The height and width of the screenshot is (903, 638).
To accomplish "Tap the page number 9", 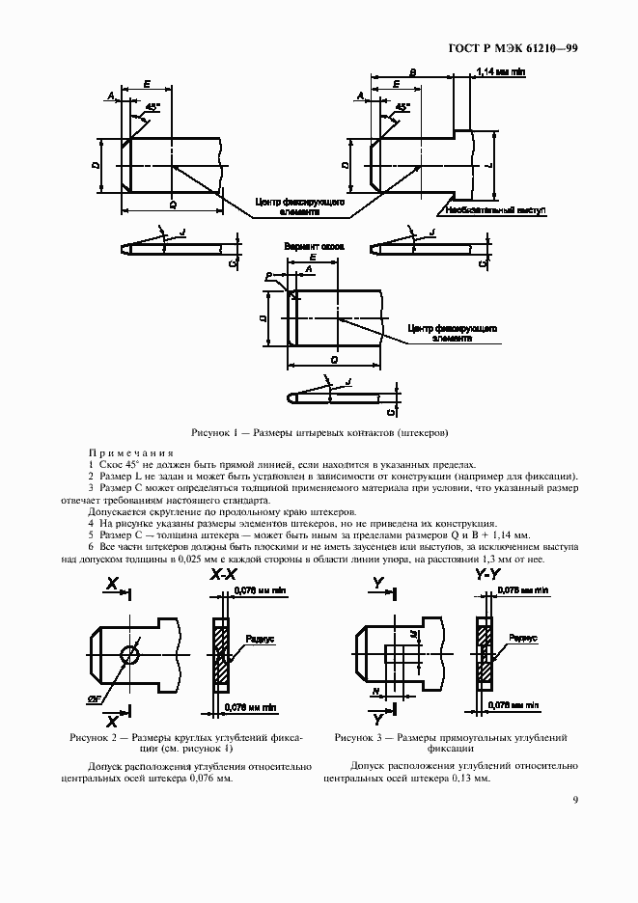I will coord(574,800).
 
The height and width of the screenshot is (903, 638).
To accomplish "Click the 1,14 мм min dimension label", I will coord(503,72).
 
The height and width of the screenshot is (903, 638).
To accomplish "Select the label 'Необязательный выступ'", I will coord(495,208).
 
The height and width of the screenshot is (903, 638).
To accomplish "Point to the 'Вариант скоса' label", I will coord(314,248).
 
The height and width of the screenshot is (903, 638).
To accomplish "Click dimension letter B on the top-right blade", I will coord(412,72).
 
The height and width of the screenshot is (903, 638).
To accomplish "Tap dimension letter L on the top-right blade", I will coord(490,166).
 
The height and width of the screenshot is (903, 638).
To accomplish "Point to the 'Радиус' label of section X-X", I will coord(259,640).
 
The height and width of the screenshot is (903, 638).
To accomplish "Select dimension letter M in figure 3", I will coord(413,634).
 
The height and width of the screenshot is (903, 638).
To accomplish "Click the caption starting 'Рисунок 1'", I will coord(319,432).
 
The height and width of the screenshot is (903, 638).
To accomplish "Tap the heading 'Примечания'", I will coord(130,452).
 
